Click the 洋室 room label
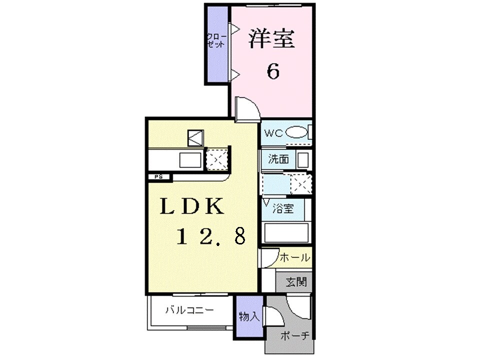pyautogui.click(x=271, y=39)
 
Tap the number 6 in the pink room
pyautogui.click(x=272, y=71)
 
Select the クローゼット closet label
pyautogui.click(x=216, y=40)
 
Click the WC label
pyautogui.click(x=273, y=133)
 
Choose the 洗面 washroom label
pyautogui.click(x=278, y=160)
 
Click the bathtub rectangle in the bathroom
pyautogui.click(x=286, y=233)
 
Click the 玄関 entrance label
pyautogui.click(x=296, y=282)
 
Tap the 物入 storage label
pyautogui.click(x=248, y=316)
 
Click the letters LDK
pyautogui.click(x=191, y=206)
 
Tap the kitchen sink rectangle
pyautogui.click(x=190, y=160)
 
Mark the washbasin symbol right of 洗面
pyautogui.click(x=302, y=160)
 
